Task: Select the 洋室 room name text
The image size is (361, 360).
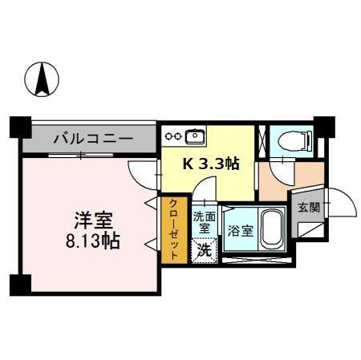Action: coord(94,219)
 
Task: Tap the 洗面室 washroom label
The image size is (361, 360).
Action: coord(205,222)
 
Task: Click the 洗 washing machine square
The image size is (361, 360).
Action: coord(205,249)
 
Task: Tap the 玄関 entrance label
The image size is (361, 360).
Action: coord(308,207)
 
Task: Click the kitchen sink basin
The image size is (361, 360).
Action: coord(196,134)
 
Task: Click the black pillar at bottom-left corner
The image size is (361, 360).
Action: coord(20,284)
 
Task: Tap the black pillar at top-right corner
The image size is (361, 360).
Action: coord(323,126)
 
